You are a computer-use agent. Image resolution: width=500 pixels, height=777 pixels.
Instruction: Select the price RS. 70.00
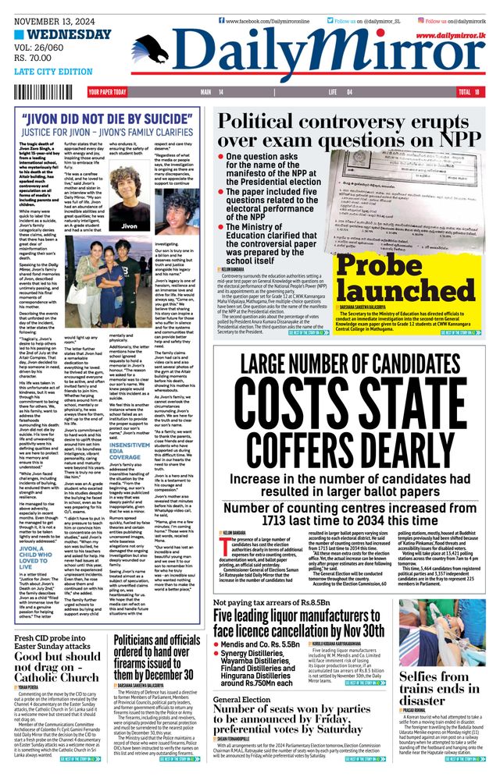(x=36, y=58)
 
